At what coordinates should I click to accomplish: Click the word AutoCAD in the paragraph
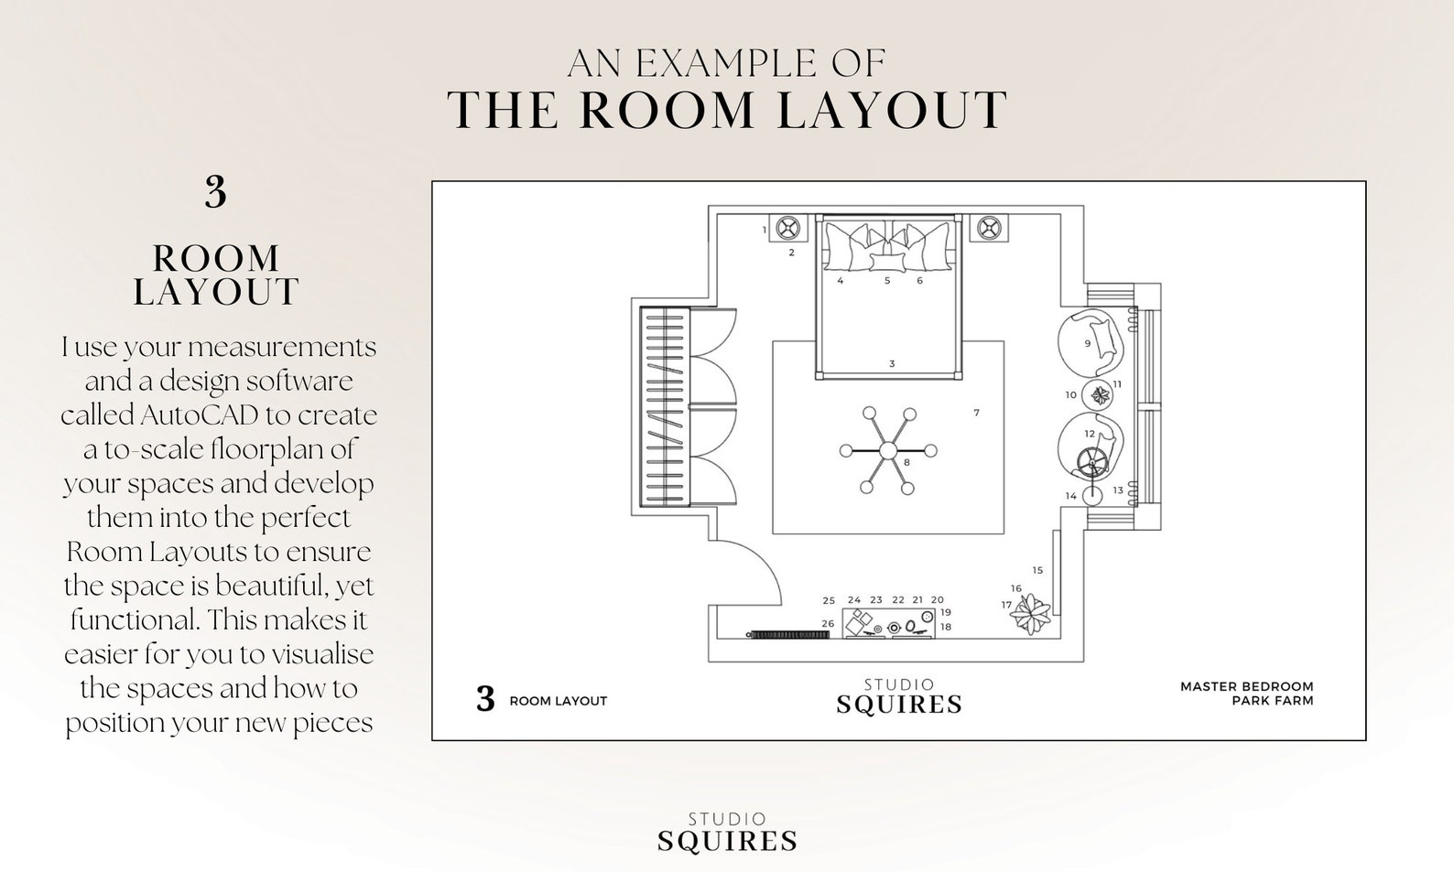tap(199, 415)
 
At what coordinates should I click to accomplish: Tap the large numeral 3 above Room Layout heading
tap(215, 193)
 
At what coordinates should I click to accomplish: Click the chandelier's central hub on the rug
tap(887, 450)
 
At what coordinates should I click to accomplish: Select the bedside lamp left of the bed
tap(787, 228)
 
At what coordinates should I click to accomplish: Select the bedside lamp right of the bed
tap(988, 228)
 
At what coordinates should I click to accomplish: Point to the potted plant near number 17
tap(1031, 614)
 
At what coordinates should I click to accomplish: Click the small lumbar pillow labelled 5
tap(886, 264)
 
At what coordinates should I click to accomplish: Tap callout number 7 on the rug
tap(976, 413)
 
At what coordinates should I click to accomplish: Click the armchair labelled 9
tap(1090, 344)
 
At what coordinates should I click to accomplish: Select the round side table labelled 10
tap(1099, 395)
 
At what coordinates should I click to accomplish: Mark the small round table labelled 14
tap(1091, 495)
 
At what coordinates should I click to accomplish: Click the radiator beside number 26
tap(788, 634)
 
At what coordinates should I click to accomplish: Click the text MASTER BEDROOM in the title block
tap(1245, 686)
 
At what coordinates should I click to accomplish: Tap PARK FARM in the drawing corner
tap(1272, 701)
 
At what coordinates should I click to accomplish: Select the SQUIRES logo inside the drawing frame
tap(898, 704)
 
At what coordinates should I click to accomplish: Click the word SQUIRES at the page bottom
tap(727, 841)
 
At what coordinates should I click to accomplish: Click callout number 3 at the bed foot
tap(892, 364)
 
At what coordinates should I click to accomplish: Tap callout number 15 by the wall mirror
tap(1036, 570)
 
